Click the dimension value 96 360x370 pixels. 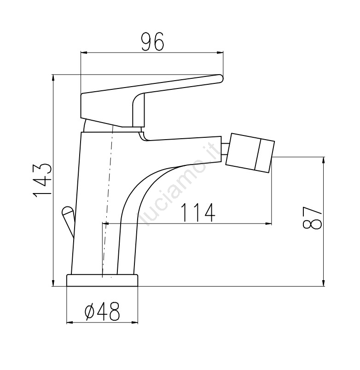click(x=152, y=41)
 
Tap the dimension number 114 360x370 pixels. click(x=198, y=212)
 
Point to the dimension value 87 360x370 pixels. click(x=312, y=217)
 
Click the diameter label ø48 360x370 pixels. click(x=102, y=311)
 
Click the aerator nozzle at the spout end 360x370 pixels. click(x=250, y=153)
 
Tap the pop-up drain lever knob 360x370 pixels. click(x=68, y=211)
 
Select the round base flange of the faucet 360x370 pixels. click(x=102, y=280)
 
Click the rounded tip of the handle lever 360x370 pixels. click(x=220, y=79)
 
